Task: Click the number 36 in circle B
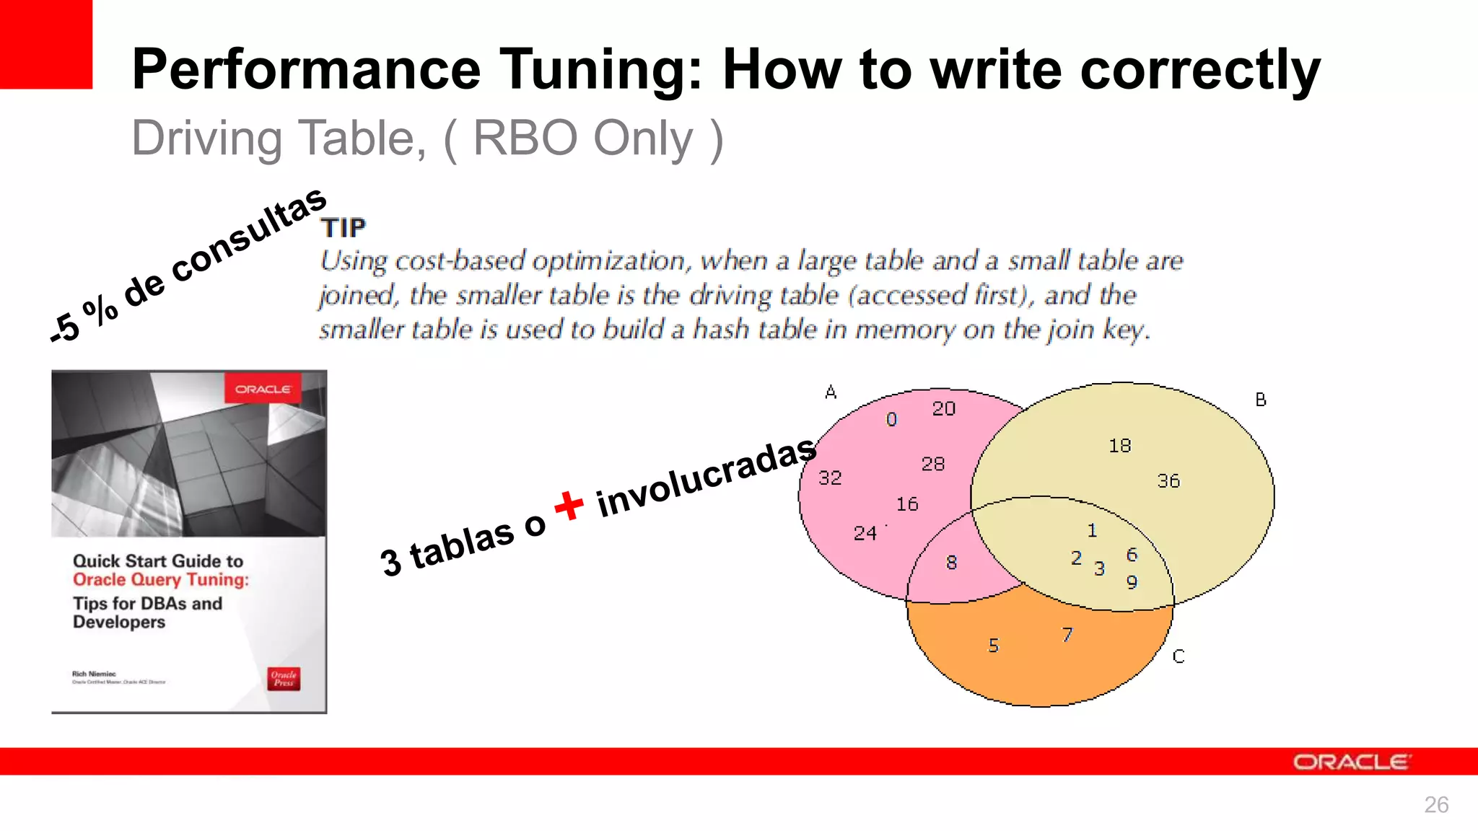point(1168,481)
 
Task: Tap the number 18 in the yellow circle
point(1119,446)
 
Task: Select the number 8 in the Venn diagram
point(951,563)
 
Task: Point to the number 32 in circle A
point(830,478)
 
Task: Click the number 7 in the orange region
point(1067,635)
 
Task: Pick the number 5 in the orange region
point(994,646)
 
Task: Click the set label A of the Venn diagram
point(831,392)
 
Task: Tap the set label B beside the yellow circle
point(1260,400)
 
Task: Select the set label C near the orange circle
point(1178,656)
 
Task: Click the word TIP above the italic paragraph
point(344,228)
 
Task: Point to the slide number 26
point(1435,804)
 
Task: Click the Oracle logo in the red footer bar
point(1351,762)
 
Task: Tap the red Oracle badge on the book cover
point(263,390)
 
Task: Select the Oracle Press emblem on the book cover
point(284,678)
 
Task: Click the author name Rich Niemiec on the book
point(94,674)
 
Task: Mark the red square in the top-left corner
point(45,44)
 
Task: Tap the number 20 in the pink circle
point(943,409)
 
